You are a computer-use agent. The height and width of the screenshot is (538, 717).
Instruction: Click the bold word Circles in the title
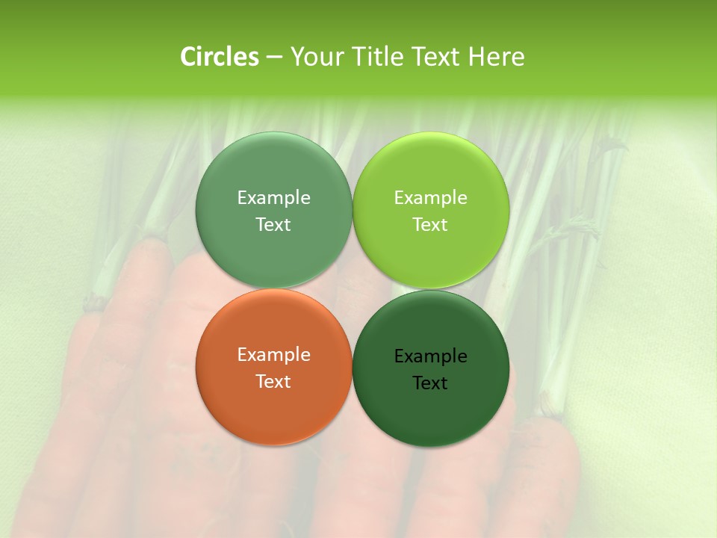[220, 57]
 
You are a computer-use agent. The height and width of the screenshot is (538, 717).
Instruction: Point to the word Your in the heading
[317, 57]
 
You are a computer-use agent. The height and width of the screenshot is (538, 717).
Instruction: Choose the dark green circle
[431, 407]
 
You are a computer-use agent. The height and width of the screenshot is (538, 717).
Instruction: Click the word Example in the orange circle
[273, 355]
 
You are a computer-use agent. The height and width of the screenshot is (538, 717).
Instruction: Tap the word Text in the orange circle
[273, 382]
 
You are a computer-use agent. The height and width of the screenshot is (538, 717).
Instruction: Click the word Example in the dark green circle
[430, 356]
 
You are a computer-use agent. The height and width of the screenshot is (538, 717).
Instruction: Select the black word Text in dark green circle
[430, 383]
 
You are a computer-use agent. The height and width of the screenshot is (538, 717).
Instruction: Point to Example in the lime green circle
[430, 198]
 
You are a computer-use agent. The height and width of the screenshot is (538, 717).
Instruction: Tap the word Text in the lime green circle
[430, 225]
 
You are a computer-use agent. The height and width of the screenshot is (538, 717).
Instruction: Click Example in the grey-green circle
[273, 198]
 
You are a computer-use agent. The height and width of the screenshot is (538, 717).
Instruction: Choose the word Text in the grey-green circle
[273, 225]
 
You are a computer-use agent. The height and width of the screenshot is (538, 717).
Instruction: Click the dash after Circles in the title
[274, 58]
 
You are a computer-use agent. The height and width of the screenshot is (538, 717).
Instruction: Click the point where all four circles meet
[353, 289]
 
